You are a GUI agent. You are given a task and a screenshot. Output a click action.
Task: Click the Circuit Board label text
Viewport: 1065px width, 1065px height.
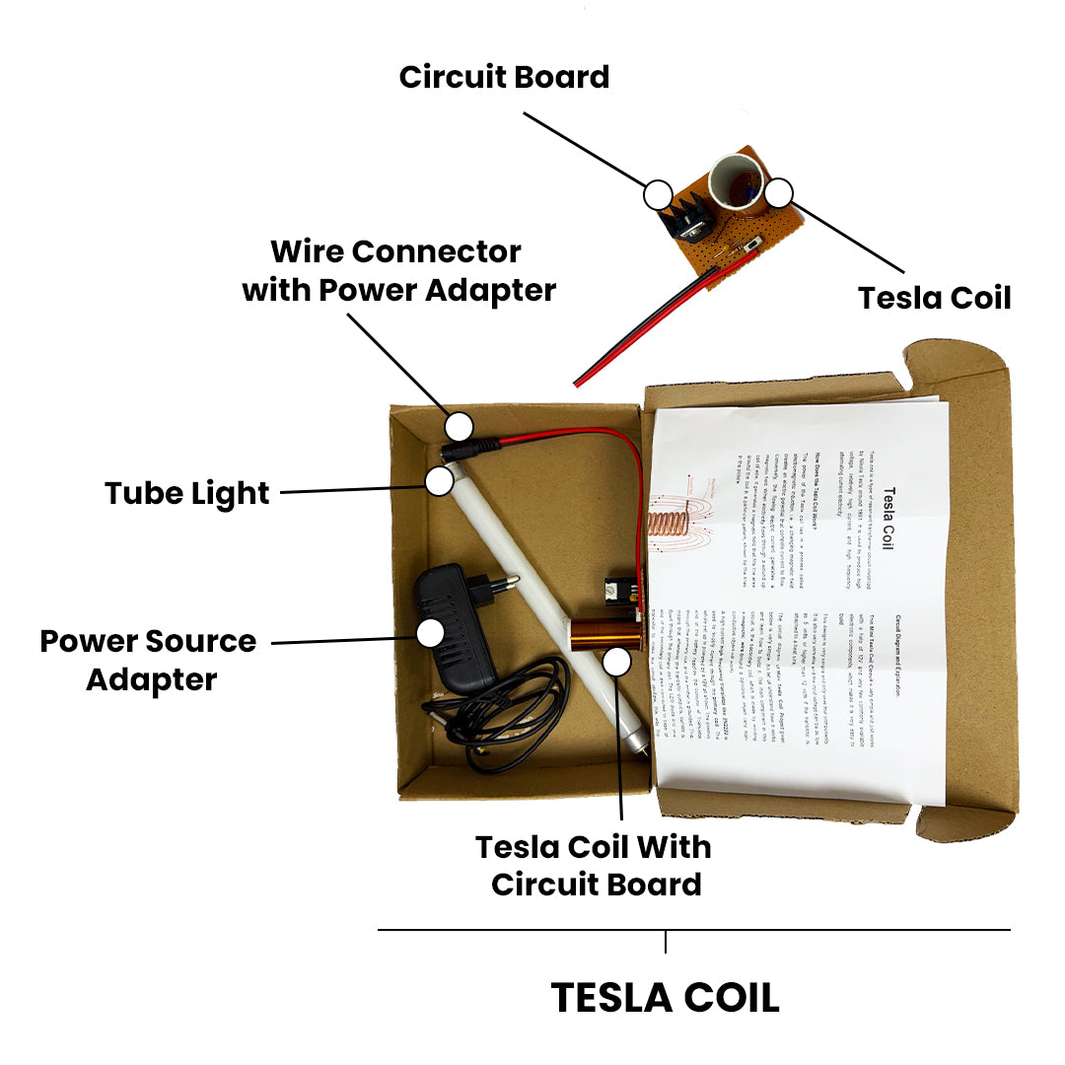(x=504, y=77)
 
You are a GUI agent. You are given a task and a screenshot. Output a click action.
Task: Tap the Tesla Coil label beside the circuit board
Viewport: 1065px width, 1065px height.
(x=934, y=297)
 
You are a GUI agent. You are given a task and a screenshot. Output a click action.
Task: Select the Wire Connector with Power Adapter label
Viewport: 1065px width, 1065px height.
(x=398, y=271)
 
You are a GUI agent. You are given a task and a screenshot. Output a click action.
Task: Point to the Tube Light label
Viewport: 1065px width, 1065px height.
(x=187, y=492)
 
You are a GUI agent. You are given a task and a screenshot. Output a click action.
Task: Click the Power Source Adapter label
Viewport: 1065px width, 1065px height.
(x=149, y=660)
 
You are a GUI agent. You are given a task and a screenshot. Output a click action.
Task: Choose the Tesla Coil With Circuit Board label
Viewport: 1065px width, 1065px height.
(x=595, y=865)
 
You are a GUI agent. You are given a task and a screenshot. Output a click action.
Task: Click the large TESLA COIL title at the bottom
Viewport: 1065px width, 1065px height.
(x=665, y=997)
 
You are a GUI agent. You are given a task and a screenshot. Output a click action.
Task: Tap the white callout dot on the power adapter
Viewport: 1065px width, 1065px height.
(x=430, y=633)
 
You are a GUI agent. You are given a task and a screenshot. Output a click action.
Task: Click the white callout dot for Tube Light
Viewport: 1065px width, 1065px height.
(x=439, y=481)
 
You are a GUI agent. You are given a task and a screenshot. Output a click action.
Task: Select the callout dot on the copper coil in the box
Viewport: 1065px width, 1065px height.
(x=617, y=663)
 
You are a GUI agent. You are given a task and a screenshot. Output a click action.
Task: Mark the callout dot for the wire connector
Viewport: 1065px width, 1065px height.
(x=459, y=427)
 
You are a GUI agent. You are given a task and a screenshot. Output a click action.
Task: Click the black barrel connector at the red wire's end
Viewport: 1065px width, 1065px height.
(x=470, y=448)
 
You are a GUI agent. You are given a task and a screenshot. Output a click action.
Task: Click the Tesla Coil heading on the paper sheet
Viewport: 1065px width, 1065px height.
(x=885, y=517)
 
